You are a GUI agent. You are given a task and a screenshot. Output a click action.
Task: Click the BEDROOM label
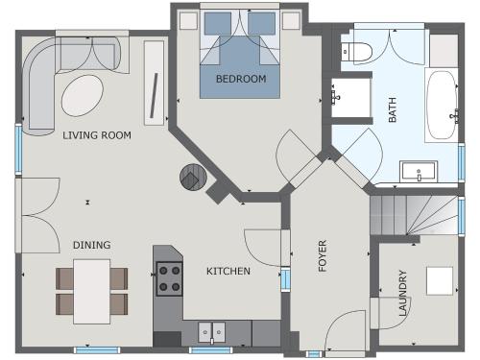click(x=240, y=79)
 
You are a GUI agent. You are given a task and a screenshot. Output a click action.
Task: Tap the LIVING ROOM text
click(x=96, y=135)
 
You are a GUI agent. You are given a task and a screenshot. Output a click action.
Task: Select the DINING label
click(x=91, y=245)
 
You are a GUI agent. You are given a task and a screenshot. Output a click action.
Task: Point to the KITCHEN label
click(x=228, y=272)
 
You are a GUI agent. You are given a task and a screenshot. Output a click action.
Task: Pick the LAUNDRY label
click(x=403, y=293)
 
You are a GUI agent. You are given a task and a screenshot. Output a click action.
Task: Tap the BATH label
click(x=392, y=114)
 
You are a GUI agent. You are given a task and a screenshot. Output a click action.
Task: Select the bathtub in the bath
click(x=443, y=106)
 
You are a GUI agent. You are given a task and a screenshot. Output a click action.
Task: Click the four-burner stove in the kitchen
click(x=170, y=278)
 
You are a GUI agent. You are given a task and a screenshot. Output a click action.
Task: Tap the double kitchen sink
click(x=212, y=332)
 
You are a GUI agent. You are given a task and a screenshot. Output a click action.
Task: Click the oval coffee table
click(x=84, y=94)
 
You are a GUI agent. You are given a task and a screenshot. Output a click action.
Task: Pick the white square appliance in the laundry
click(x=441, y=279)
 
